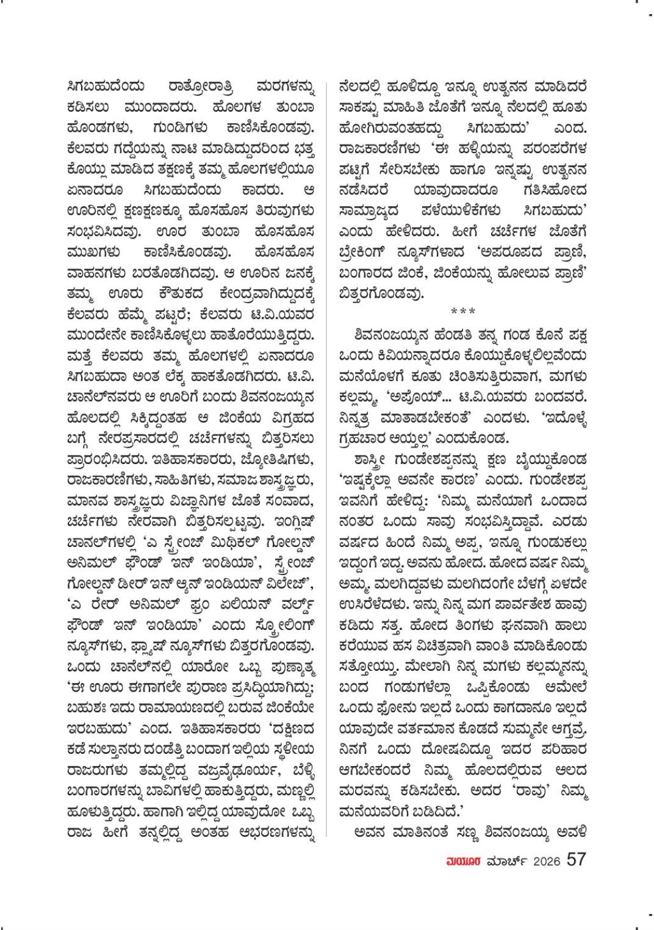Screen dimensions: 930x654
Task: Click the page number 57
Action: click(x=577, y=860)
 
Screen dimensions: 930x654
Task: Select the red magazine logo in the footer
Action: click(x=464, y=861)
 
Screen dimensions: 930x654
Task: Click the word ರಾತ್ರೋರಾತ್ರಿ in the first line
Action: click(x=201, y=87)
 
